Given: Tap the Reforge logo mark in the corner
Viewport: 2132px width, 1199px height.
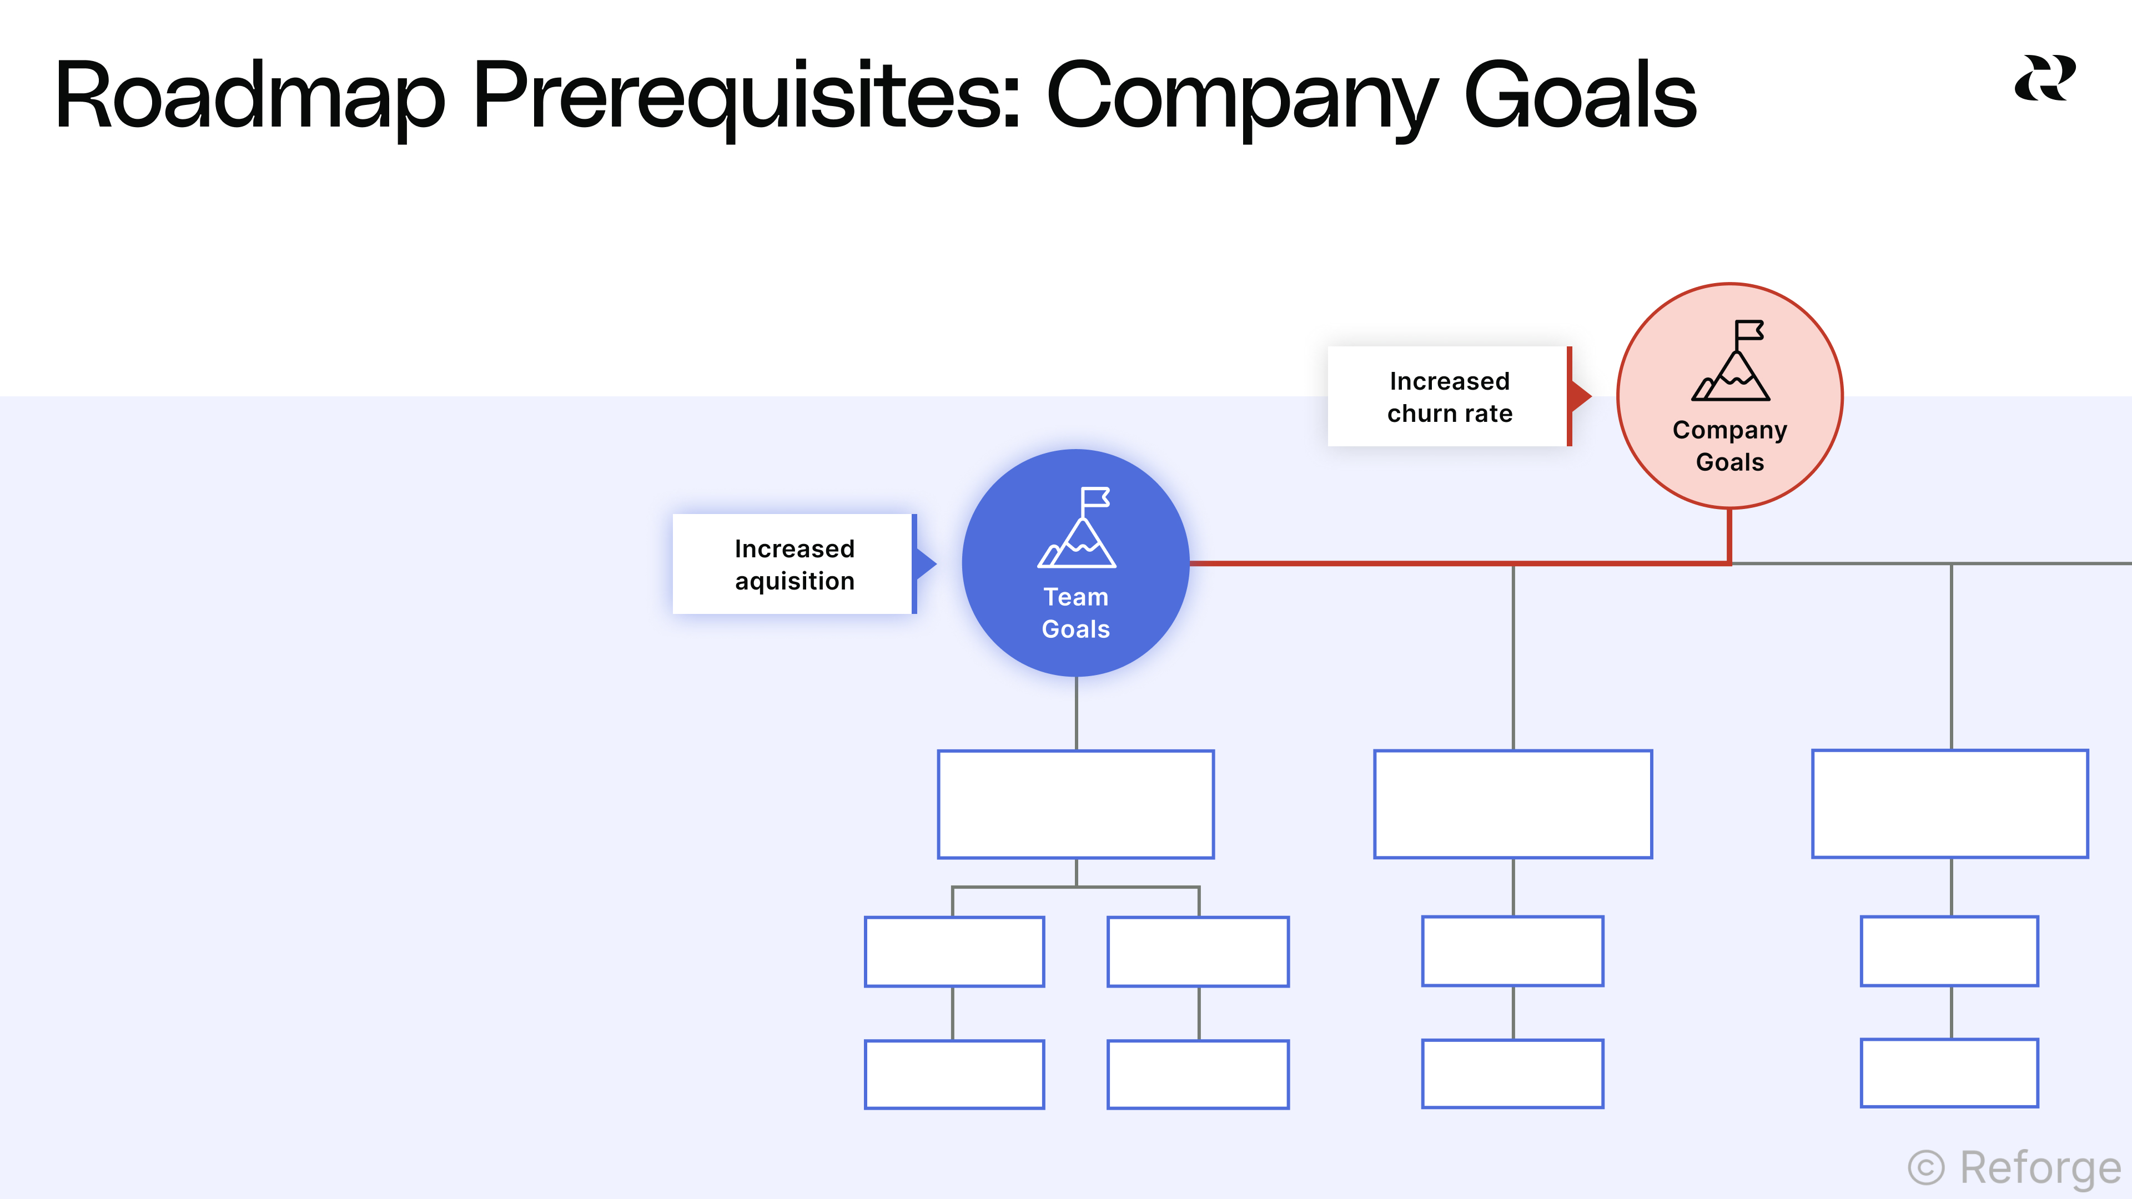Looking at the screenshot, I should pyautogui.click(x=2044, y=79).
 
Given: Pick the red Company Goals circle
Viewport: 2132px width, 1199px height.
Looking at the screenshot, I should pyautogui.click(x=1730, y=396).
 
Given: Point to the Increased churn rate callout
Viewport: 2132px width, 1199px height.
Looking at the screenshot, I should pyautogui.click(x=1449, y=396).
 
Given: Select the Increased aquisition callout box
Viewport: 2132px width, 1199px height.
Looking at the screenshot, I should pyautogui.click(x=793, y=565).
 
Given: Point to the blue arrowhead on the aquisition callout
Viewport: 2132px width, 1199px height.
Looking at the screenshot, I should pyautogui.click(x=927, y=565).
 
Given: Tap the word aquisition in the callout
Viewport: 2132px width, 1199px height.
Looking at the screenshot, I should pyautogui.click(x=795, y=581).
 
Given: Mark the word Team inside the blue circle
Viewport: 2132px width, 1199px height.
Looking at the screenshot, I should pyautogui.click(x=1075, y=597).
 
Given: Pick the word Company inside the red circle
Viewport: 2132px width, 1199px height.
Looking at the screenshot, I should pyautogui.click(x=1730, y=430).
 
